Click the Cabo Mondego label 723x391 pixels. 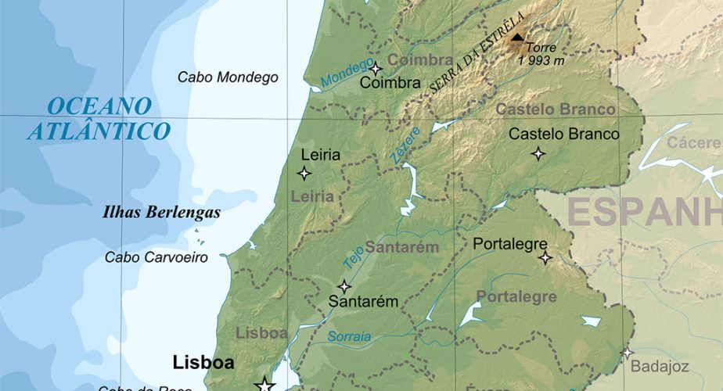pos(228,77)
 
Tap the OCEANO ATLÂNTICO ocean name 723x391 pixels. pos(99,118)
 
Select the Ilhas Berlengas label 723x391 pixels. pos(162,212)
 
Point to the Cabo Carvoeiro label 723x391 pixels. pos(156,257)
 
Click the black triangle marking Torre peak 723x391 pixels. pos(517,35)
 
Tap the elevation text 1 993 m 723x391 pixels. pos(541,60)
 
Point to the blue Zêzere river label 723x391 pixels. pos(405,145)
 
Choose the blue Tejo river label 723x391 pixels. pos(353,256)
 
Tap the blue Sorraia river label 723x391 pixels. pos(349,336)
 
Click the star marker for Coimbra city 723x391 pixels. pos(375,68)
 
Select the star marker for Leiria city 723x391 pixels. pos(304,173)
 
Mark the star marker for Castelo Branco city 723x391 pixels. pos(538,153)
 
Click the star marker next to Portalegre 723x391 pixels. pos(545,257)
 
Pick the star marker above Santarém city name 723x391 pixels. pos(344,286)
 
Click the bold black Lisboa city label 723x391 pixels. pos(203,363)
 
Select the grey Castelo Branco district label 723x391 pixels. pos(556,109)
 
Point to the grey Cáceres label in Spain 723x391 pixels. pos(693,143)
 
